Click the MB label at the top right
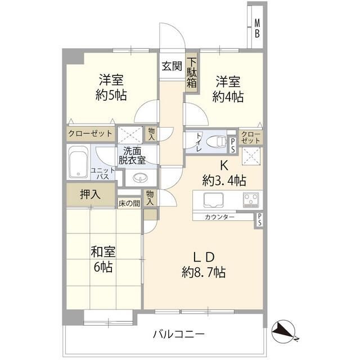[256, 28]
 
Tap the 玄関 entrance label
[172, 66]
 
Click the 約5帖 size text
[111, 94]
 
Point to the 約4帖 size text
[228, 97]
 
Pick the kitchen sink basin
[214, 200]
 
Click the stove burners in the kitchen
[250, 200]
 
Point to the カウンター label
[220, 217]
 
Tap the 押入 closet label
[90, 195]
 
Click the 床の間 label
[129, 204]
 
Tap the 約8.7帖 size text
[204, 273]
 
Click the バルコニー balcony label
[178, 334]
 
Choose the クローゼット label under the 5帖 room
[90, 134]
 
